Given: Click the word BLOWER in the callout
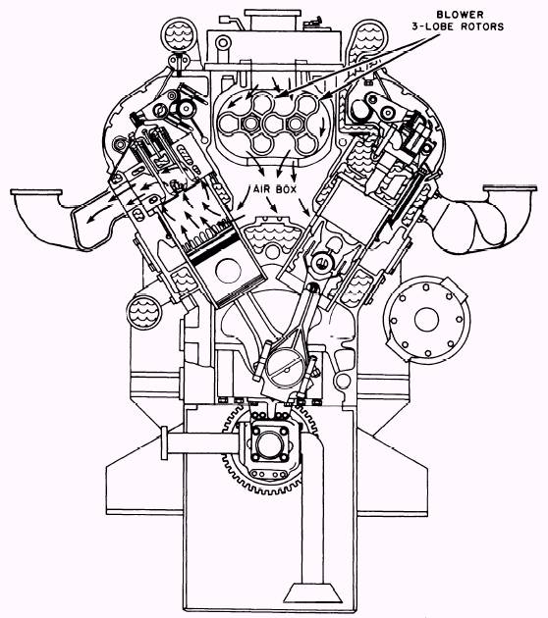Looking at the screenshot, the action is pos(460,15).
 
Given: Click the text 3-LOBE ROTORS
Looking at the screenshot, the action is pos(458,26).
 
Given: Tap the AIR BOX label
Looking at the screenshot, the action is pos(275,189).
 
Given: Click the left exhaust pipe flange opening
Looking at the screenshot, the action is pos(36,192).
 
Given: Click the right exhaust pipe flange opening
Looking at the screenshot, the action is pos(510,188).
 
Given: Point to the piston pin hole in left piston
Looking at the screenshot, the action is pos(229,271).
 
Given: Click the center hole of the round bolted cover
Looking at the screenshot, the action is pos(427,320).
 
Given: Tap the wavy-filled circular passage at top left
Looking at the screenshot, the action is pos(179,34).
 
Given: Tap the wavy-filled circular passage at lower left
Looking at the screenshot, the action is pos(144,313).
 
